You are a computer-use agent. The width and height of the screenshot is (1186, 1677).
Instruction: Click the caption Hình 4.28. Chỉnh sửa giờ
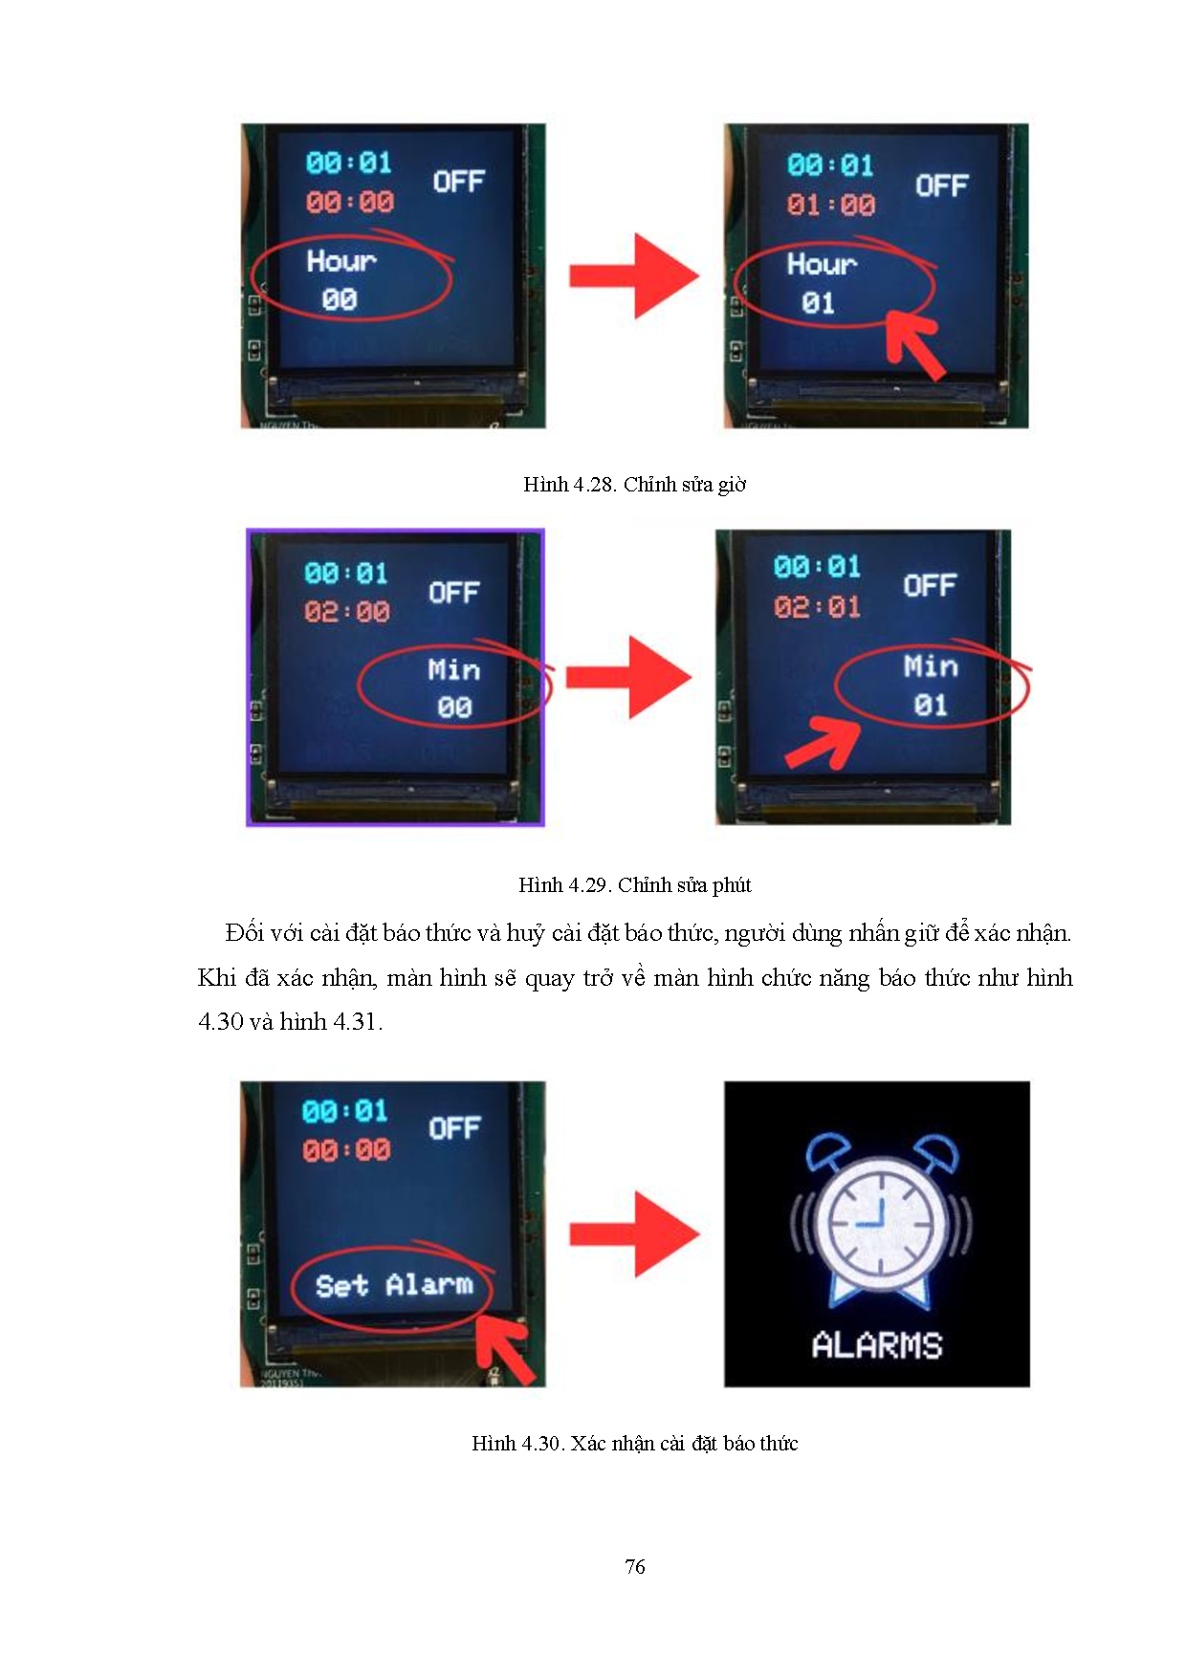[634, 485]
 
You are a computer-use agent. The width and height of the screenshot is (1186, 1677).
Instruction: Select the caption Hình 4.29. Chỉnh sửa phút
[634, 885]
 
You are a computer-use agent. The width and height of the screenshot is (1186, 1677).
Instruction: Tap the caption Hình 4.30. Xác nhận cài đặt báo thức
[634, 1444]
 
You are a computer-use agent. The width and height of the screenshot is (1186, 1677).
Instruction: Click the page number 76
[635, 1566]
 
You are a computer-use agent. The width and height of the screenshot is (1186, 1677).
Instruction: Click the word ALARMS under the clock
[877, 1346]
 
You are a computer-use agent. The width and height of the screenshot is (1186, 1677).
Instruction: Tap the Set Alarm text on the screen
[394, 1285]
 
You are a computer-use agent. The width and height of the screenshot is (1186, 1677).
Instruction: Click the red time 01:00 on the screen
[830, 205]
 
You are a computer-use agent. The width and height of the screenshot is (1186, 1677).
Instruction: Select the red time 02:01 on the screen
[818, 607]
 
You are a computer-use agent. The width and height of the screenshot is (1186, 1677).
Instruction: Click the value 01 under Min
[930, 706]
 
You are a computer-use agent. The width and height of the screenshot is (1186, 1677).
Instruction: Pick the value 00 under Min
[454, 708]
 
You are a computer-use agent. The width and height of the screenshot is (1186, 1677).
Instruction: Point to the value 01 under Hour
[818, 304]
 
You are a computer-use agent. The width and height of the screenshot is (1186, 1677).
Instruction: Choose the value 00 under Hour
[340, 300]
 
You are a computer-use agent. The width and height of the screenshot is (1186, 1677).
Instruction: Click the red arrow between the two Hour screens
[634, 276]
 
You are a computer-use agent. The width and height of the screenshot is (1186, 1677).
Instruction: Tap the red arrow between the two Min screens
[628, 678]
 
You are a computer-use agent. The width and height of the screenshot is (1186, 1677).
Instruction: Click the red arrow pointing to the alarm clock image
[634, 1234]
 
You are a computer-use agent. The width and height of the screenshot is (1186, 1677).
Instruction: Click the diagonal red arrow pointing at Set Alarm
[505, 1348]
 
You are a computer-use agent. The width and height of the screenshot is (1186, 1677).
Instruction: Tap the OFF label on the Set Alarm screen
[454, 1129]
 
